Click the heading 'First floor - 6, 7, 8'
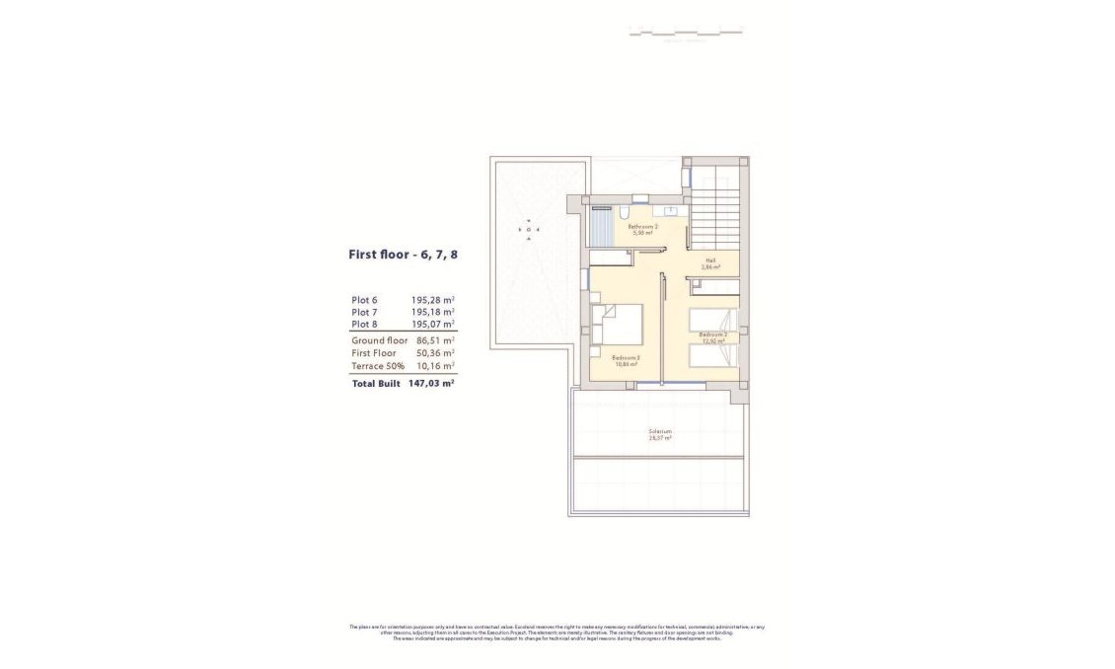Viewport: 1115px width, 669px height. pyautogui.click(x=403, y=255)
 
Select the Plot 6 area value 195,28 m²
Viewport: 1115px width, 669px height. pyautogui.click(x=432, y=300)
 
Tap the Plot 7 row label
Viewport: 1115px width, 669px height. pyautogui.click(x=364, y=312)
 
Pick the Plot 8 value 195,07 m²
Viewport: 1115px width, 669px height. pyautogui.click(x=432, y=324)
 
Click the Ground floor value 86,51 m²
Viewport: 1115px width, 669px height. pyautogui.click(x=435, y=340)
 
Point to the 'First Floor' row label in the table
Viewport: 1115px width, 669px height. pyautogui.click(x=373, y=353)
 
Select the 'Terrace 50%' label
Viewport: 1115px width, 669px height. pyautogui.click(x=377, y=366)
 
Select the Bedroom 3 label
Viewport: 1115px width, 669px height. pyautogui.click(x=626, y=360)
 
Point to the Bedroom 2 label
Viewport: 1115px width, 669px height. pyautogui.click(x=712, y=336)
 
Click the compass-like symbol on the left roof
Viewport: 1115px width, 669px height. pyautogui.click(x=530, y=230)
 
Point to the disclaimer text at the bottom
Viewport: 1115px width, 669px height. pyautogui.click(x=557, y=632)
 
